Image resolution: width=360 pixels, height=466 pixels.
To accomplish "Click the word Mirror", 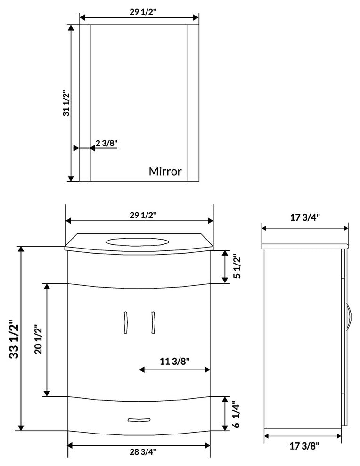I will point(165,171).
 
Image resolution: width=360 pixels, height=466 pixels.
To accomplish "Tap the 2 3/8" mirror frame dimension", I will point(106,143).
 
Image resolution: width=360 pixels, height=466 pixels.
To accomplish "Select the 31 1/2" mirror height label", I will point(66,103).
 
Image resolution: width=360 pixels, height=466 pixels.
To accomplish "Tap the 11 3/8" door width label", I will point(174,362).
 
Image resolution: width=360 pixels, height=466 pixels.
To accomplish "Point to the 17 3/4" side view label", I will point(305,217).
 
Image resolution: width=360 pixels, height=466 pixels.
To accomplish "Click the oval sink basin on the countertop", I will point(137,242).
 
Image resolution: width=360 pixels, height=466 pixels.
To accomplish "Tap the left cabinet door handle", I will point(126,323).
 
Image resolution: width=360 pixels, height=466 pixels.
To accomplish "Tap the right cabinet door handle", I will point(152,323).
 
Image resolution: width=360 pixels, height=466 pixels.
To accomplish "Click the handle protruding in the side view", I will point(349,318).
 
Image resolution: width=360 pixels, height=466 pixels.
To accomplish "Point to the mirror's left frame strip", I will point(84,103).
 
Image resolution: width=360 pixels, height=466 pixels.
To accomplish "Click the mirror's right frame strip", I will point(194,103).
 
